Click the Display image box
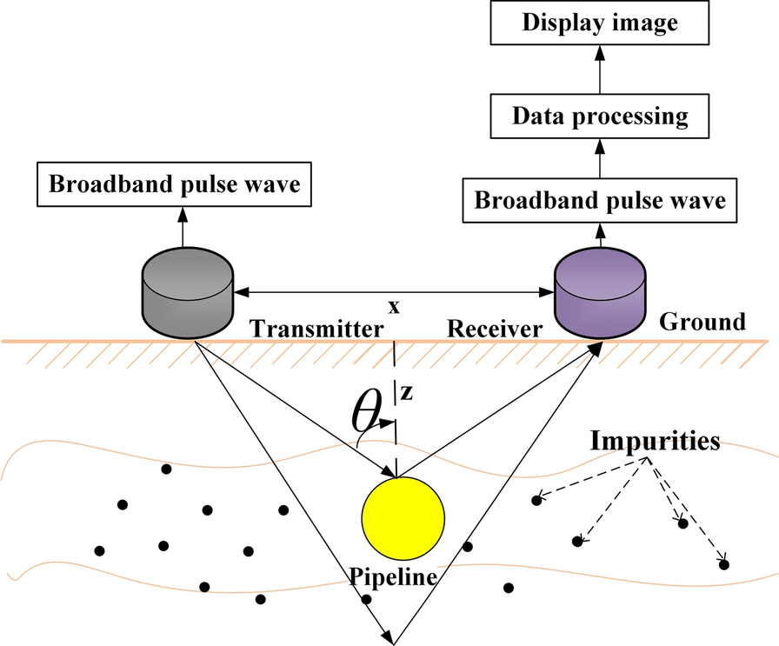click(x=599, y=23)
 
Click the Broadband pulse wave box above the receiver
click(x=599, y=201)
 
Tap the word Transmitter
click(x=316, y=329)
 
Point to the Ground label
click(x=702, y=322)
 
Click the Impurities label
click(x=656, y=441)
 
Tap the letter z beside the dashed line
click(x=405, y=393)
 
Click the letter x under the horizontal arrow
click(x=395, y=307)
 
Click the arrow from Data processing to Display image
click(x=599, y=69)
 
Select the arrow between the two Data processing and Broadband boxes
click(x=599, y=157)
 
